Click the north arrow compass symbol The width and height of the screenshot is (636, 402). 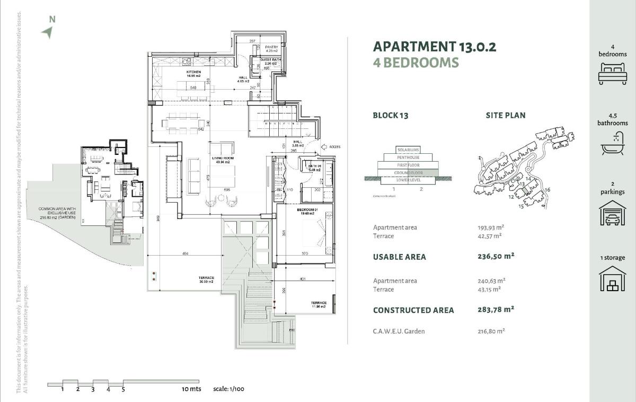pyautogui.click(x=47, y=32)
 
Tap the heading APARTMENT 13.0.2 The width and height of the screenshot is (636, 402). pyautogui.click(x=435, y=47)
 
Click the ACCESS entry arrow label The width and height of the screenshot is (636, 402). pyautogui.click(x=333, y=147)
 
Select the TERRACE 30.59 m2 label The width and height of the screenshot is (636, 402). pyautogui.click(x=206, y=279)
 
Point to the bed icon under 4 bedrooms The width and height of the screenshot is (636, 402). pyautogui.click(x=612, y=73)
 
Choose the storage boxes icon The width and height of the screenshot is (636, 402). pyautogui.click(x=612, y=279)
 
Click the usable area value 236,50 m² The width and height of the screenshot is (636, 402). pyautogui.click(x=496, y=256)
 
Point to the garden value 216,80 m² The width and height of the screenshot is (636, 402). pyautogui.click(x=491, y=331)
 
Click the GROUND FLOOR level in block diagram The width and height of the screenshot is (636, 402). pyautogui.click(x=407, y=172)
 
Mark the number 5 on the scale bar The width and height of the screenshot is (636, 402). pyautogui.click(x=123, y=389)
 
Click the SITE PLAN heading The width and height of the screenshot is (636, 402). pyautogui.click(x=506, y=115)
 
